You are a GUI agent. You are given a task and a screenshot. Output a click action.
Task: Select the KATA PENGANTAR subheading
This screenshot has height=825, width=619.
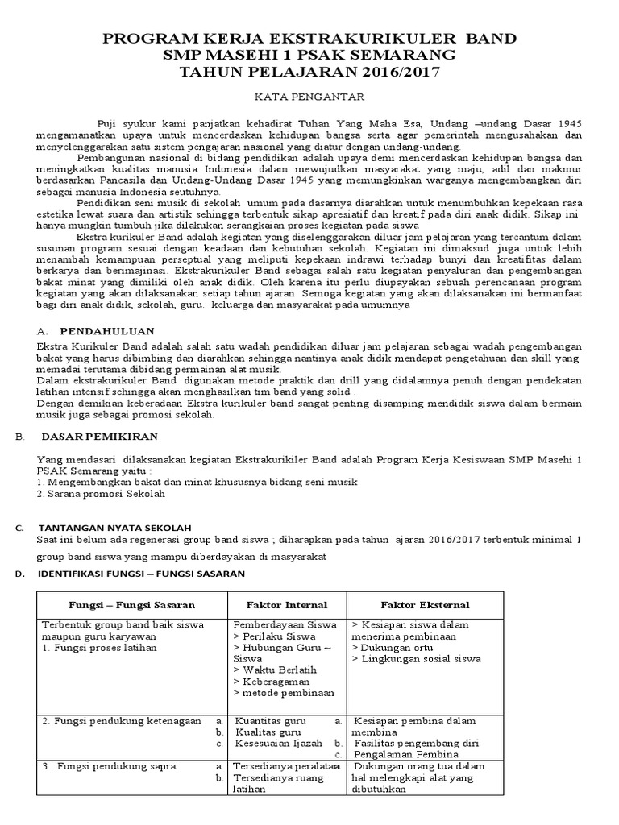tap(310, 97)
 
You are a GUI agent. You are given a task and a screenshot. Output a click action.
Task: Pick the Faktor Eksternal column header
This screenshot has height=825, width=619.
tap(425, 604)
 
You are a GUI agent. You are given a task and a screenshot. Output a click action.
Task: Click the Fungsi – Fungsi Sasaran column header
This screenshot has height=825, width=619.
tap(131, 604)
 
